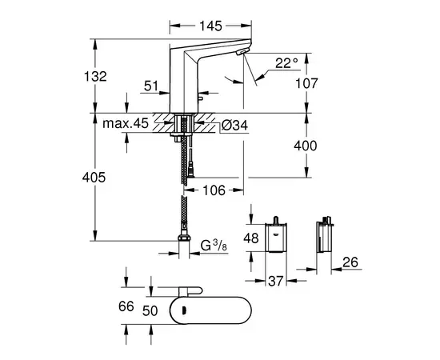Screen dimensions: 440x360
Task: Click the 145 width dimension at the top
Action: (x=210, y=26)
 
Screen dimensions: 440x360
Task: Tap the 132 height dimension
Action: (x=95, y=76)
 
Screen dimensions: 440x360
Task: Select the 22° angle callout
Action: (x=286, y=63)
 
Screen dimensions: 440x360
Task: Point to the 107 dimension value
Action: (x=306, y=83)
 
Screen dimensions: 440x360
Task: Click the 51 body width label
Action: (x=151, y=86)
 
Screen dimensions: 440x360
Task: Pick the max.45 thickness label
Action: (x=126, y=123)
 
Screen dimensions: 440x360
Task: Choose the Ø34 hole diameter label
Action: (x=234, y=125)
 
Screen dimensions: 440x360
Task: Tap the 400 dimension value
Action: (x=306, y=146)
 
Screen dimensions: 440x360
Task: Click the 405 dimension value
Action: (x=94, y=178)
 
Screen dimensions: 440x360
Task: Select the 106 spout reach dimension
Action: (x=214, y=190)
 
